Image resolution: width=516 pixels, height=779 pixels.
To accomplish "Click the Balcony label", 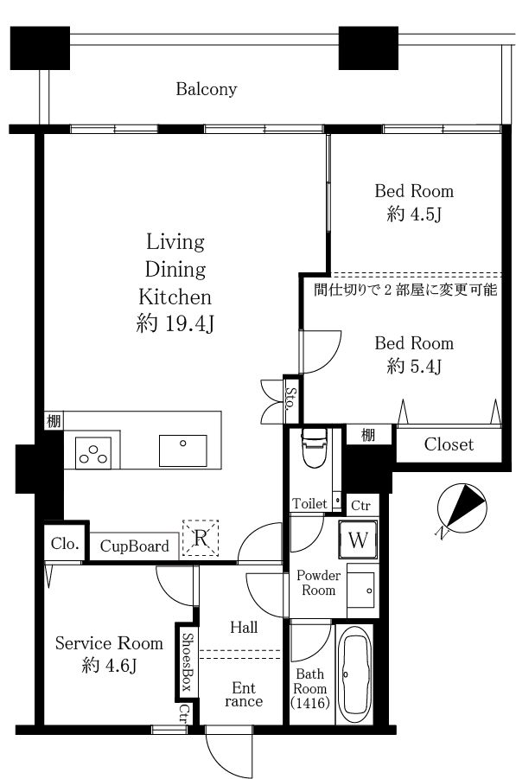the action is tap(206, 89).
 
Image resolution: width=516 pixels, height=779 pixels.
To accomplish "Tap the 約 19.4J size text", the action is tap(175, 324).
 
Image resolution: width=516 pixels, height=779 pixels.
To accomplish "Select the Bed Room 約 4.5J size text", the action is tap(414, 214).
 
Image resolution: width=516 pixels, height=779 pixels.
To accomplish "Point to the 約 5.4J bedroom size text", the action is tap(414, 366).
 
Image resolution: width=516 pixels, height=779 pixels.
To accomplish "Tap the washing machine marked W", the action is tap(358, 540).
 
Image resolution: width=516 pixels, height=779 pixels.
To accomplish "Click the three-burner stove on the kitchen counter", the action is tap(92, 453).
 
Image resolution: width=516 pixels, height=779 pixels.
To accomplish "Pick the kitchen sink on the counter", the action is tap(182, 450).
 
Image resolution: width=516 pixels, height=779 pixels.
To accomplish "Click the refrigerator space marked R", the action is tap(201, 538).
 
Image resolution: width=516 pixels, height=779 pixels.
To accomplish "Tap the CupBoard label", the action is tap(135, 546).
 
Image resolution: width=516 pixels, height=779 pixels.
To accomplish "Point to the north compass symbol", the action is tap(462, 509).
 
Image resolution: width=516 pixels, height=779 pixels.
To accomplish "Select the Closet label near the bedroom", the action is tap(449, 444).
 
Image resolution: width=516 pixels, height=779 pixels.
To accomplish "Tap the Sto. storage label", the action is tap(290, 398).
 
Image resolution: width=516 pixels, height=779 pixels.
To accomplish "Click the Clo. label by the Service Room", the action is tap(65, 544).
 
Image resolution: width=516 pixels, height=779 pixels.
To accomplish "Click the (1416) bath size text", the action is tap(310, 703).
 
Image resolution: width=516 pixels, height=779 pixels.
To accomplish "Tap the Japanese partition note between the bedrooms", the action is tap(405, 289).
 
